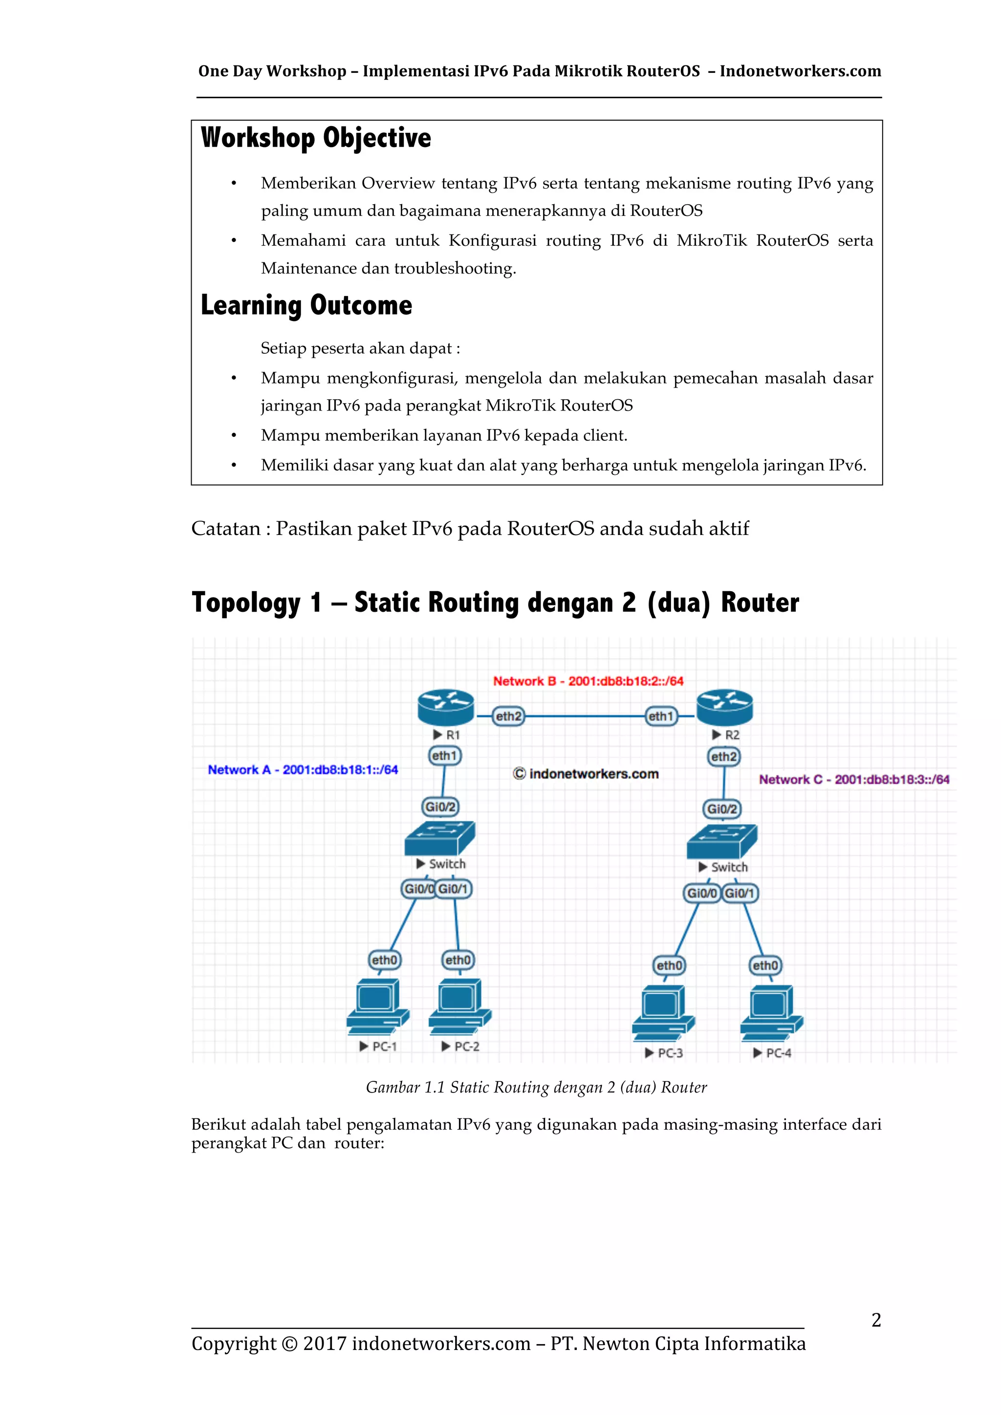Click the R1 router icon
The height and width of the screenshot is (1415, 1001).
tap(446, 707)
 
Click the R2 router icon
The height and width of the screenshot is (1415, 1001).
tap(724, 707)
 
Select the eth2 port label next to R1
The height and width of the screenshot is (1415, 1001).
tap(508, 716)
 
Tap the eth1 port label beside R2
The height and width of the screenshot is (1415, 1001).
tap(661, 716)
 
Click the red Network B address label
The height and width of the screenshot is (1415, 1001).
tap(588, 681)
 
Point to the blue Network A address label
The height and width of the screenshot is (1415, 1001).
tap(303, 770)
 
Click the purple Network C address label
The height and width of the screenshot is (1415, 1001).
tap(854, 780)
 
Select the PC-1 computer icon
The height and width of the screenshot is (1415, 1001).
tap(377, 1007)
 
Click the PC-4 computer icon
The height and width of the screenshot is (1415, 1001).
tap(772, 1011)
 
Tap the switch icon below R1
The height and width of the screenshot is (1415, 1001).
tap(439, 837)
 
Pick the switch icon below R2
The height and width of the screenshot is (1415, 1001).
tap(722, 841)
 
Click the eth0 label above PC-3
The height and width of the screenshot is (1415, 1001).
tap(670, 965)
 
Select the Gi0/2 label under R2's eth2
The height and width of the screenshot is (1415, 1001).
tap(722, 809)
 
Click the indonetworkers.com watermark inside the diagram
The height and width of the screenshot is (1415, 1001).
tap(586, 774)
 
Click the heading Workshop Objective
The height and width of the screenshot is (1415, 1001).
tap(316, 137)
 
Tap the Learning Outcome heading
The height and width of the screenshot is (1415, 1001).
tap(306, 305)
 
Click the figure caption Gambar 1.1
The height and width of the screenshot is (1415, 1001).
tap(536, 1087)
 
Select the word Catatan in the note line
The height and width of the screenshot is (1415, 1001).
tap(226, 529)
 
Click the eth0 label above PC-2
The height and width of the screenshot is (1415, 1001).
tap(458, 960)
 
